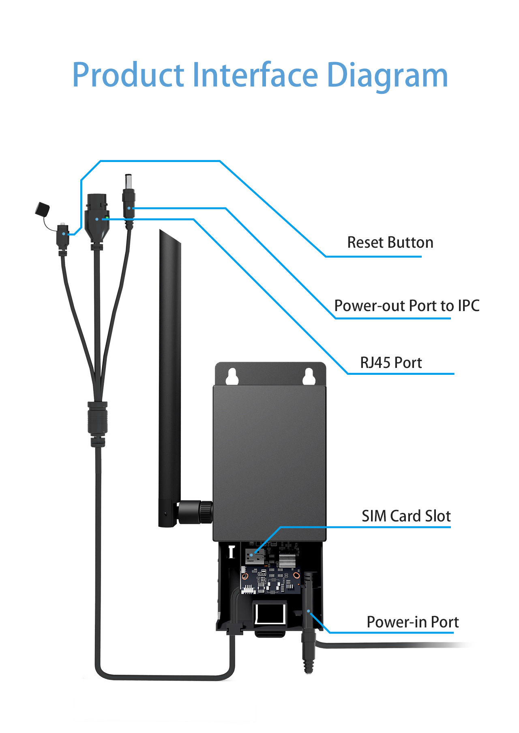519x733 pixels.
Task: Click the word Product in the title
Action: point(128,75)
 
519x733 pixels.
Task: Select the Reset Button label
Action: point(390,242)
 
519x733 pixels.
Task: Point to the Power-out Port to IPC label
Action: point(407,305)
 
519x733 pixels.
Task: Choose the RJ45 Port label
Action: point(391,363)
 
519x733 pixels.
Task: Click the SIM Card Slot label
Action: point(406,516)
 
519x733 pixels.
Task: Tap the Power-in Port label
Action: point(412,622)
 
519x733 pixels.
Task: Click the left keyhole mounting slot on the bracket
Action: point(232,376)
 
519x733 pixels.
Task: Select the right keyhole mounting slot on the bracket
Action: point(309,376)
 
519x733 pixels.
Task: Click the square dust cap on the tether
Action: point(43,209)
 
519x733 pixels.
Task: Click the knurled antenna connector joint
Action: point(195,512)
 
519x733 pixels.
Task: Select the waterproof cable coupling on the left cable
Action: point(98,424)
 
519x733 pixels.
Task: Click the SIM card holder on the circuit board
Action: point(255,555)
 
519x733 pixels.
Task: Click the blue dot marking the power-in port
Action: point(309,611)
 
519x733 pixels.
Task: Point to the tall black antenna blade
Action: point(170,378)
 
